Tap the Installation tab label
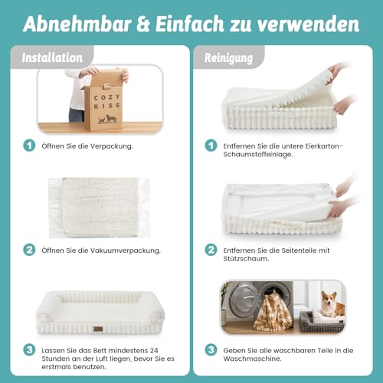[x=53, y=57]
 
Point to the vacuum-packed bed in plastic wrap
[x=93, y=207]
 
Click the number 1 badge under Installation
[x=29, y=146]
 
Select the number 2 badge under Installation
[x=29, y=249]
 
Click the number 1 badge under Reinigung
[x=211, y=146]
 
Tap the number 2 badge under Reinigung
[x=211, y=249]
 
